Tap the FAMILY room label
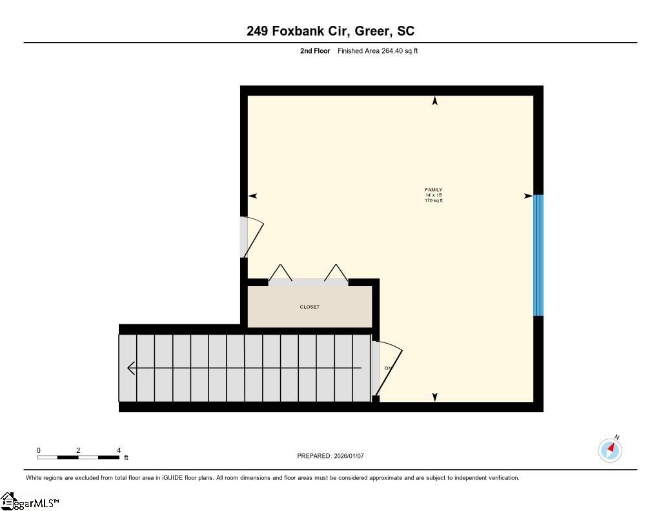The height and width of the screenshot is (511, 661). click(x=433, y=190)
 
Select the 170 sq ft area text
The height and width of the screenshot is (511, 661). click(x=433, y=201)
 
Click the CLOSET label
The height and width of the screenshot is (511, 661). click(x=309, y=307)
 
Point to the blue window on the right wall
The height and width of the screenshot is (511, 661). click(x=538, y=255)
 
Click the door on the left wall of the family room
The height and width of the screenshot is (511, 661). click(x=252, y=237)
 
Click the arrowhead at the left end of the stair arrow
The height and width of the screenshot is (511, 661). click(x=131, y=368)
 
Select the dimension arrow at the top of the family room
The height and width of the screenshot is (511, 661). click(x=434, y=101)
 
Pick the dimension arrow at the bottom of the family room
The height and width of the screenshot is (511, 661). click(x=434, y=397)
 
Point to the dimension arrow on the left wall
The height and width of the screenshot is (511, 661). click(x=252, y=196)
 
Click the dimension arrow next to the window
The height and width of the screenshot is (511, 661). click(x=528, y=196)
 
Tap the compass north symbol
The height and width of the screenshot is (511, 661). click(x=610, y=449)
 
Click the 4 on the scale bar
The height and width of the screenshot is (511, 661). click(x=119, y=450)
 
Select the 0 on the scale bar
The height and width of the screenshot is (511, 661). click(x=39, y=450)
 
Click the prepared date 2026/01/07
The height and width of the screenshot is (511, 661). click(x=349, y=456)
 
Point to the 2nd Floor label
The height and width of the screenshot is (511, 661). click(x=315, y=51)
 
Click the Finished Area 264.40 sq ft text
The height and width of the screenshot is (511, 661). click(x=378, y=51)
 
